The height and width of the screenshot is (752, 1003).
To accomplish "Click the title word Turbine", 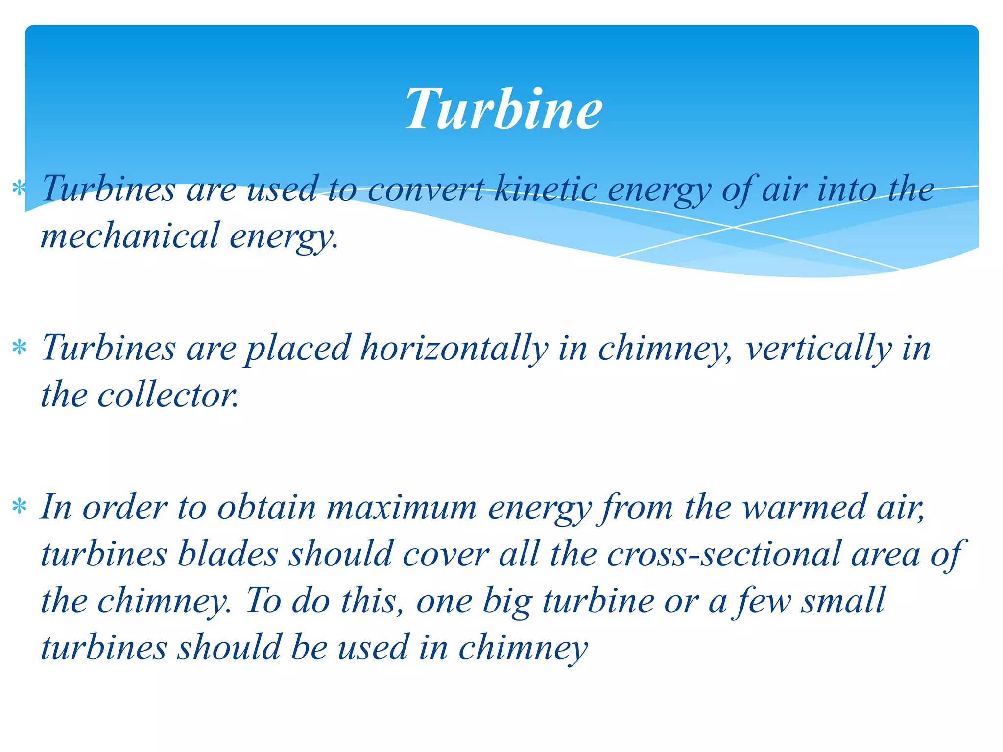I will pyautogui.click(x=503, y=109).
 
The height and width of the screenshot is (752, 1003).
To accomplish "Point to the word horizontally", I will pyautogui.click(x=454, y=348).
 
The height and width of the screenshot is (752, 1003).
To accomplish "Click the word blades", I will pyautogui.click(x=228, y=554).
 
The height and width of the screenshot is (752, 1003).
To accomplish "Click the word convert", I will pyautogui.click(x=425, y=189).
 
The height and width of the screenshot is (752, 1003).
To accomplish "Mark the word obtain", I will pyautogui.click(x=266, y=507).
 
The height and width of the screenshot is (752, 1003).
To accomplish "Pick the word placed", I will pyautogui.click(x=298, y=348).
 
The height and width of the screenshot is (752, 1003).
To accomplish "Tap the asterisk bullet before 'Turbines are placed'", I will pyautogui.click(x=19, y=348).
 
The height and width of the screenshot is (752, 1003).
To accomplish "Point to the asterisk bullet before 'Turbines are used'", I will pyautogui.click(x=19, y=188).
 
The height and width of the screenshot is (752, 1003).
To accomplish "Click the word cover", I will pyautogui.click(x=446, y=554).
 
